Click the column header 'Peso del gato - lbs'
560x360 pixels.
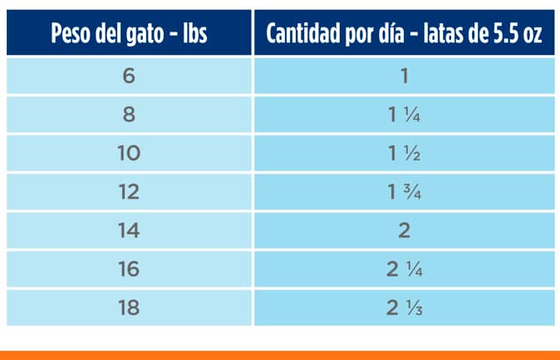(x=129, y=34)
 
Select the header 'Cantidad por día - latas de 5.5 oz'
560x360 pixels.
(x=404, y=34)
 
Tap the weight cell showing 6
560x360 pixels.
(x=129, y=76)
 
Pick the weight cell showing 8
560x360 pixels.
(x=129, y=115)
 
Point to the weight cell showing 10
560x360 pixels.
(x=129, y=154)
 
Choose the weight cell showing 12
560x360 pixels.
(x=129, y=192)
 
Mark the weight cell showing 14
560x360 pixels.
(x=129, y=230)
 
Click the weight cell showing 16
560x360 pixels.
(x=129, y=269)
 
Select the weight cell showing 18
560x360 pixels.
(x=129, y=307)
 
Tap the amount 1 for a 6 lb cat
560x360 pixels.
(x=405, y=76)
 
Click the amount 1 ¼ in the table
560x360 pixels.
(x=405, y=115)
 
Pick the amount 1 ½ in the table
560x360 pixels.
(x=405, y=154)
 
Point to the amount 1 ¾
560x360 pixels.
(x=405, y=192)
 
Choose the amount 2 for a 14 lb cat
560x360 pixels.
(x=405, y=230)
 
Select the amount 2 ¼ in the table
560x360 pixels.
(x=405, y=269)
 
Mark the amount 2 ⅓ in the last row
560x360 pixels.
(x=405, y=307)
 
